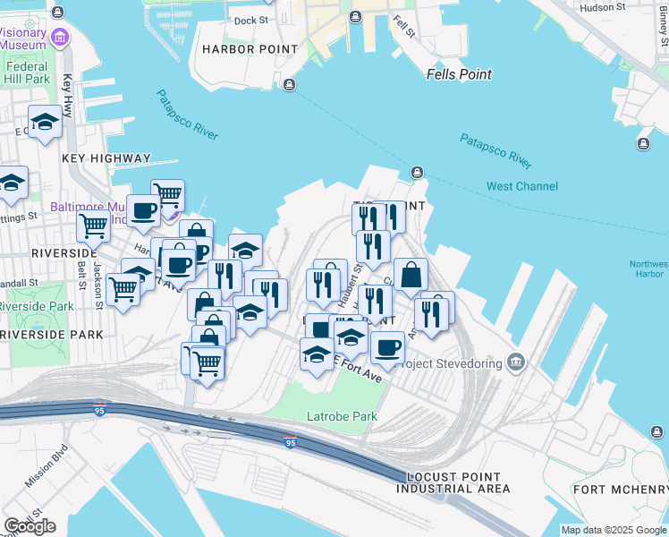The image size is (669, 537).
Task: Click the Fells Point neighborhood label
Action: pos(459,74)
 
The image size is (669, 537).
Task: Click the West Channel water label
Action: pos(522,186)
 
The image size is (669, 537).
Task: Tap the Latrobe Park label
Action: pos(342,416)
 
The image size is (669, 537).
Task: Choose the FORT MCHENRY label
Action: pos(621,489)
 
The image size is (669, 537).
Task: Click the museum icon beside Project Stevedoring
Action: pos(516,362)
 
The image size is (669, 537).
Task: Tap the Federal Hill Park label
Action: pos(27,72)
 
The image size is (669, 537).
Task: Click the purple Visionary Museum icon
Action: pos(60,38)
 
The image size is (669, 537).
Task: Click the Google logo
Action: pos(30,526)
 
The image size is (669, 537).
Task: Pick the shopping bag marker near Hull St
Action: pos(411,276)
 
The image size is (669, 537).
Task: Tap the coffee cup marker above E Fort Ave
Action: pos(387,347)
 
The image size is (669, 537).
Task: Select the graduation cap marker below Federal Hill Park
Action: pos(44,124)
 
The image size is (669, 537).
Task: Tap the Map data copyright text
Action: pos(613,530)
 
